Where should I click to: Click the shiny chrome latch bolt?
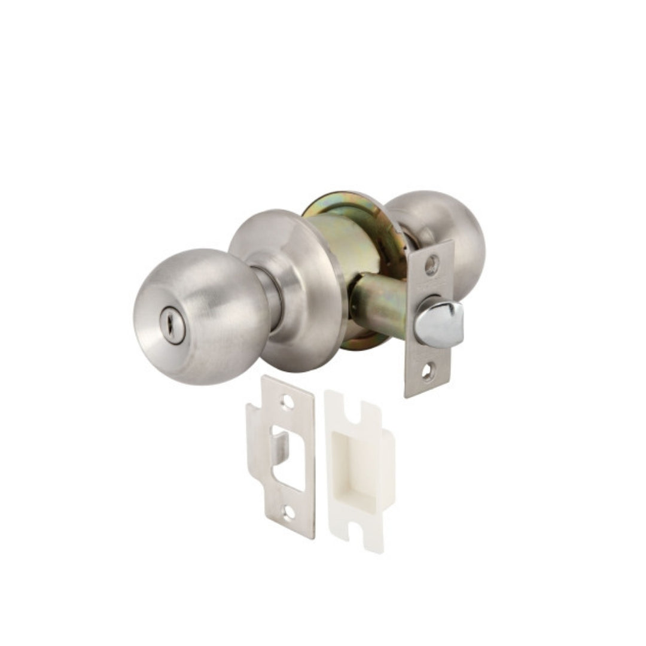pyautogui.click(x=440, y=323)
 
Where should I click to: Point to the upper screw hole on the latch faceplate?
pyautogui.click(x=432, y=264)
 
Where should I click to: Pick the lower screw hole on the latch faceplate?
pyautogui.click(x=426, y=372)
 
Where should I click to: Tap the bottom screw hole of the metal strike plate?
pyautogui.click(x=289, y=513)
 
